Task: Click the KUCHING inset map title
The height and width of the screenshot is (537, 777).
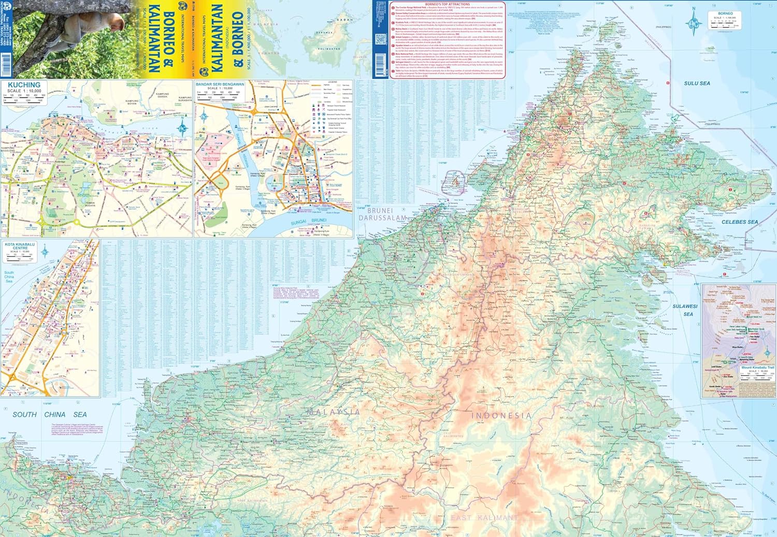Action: click(24, 85)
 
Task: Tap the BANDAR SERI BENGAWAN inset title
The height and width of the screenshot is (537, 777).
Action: click(220, 84)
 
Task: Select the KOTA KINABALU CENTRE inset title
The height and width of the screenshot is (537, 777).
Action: click(20, 246)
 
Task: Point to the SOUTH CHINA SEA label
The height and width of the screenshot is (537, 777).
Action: click(50, 414)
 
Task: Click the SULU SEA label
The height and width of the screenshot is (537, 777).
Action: click(697, 83)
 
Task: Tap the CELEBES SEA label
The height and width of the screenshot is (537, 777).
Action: click(739, 222)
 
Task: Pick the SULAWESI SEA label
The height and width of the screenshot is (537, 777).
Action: click(685, 310)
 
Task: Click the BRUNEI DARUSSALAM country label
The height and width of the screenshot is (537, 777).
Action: click(383, 214)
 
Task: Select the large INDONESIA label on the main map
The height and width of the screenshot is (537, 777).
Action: click(501, 415)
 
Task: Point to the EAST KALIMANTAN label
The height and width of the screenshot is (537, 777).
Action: click(484, 517)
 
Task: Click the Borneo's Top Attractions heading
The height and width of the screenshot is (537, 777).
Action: click(447, 4)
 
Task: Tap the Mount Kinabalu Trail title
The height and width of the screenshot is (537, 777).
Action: click(757, 367)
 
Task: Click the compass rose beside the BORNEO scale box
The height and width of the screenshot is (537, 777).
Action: click(694, 22)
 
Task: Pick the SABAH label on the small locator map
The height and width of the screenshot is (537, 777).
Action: click(344, 20)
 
